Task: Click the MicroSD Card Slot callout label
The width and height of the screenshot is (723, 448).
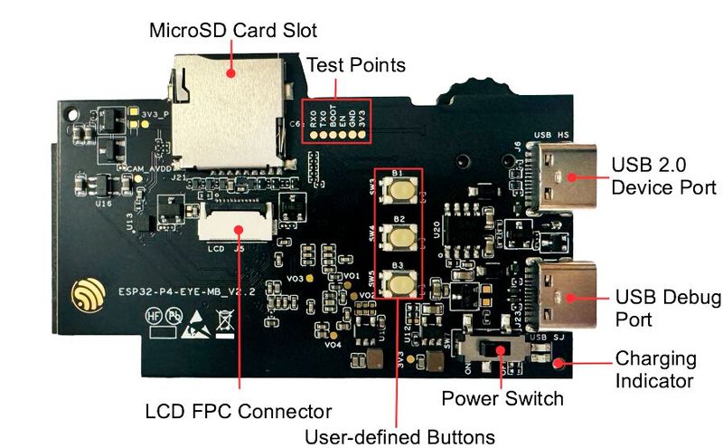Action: tap(233, 31)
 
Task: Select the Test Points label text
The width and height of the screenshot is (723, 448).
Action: tap(356, 65)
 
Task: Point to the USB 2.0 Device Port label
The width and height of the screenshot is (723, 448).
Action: tap(663, 176)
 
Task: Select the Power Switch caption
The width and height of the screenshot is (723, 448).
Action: tap(502, 398)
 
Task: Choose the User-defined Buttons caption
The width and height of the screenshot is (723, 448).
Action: tap(399, 435)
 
